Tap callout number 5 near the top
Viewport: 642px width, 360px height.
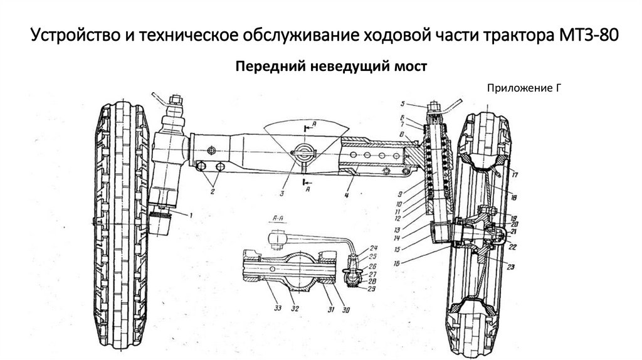404,103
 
